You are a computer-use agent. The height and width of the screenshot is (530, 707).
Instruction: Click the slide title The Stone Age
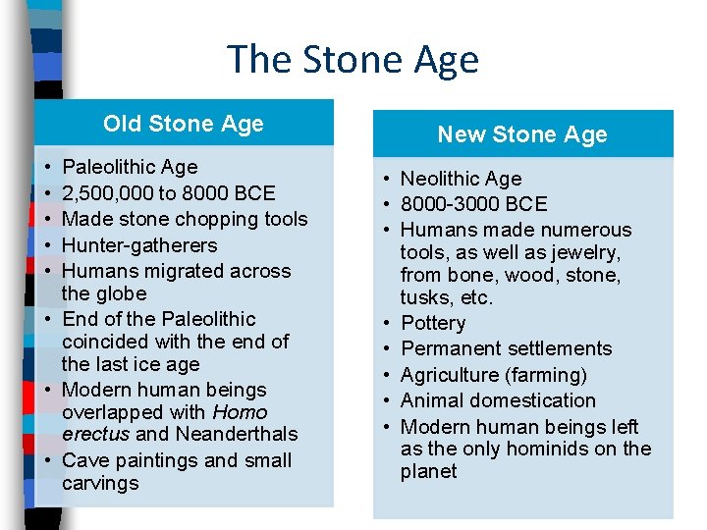click(x=353, y=59)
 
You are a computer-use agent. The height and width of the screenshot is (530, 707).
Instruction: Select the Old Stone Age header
click(x=184, y=124)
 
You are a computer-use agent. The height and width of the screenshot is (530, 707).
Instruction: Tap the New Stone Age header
click(x=521, y=134)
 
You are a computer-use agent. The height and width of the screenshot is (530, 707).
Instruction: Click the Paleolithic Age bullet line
click(x=129, y=167)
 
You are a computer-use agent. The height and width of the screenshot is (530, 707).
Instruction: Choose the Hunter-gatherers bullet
click(x=138, y=245)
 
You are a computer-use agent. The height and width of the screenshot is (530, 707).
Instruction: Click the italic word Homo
click(x=240, y=412)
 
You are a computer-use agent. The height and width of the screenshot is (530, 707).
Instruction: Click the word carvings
click(x=100, y=483)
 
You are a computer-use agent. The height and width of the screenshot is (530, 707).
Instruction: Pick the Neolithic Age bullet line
click(x=461, y=179)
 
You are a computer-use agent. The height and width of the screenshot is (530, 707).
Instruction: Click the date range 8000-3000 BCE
click(x=473, y=204)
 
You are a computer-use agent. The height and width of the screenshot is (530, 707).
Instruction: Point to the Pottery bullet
click(x=433, y=323)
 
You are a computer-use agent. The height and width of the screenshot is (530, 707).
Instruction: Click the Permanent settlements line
click(x=506, y=348)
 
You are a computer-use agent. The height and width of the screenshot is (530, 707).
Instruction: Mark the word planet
click(x=428, y=471)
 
